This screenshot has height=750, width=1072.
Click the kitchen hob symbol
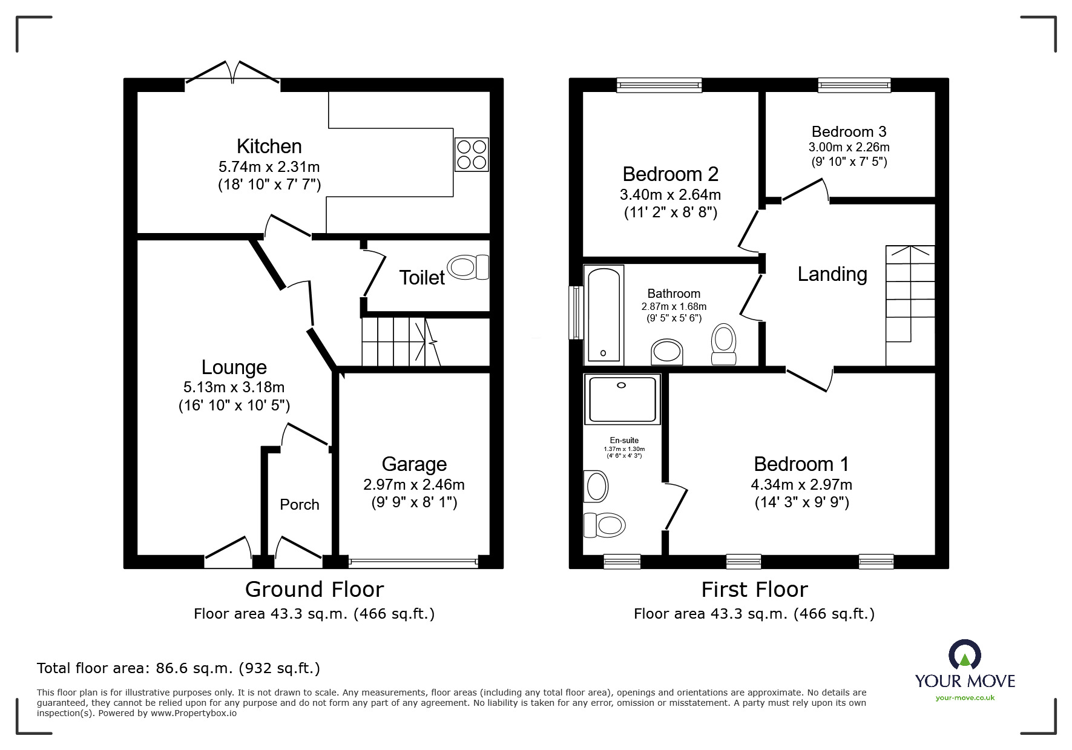472,154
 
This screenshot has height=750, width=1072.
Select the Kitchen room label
269,146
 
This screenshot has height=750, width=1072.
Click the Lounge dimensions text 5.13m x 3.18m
234,387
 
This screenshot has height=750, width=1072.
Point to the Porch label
299,504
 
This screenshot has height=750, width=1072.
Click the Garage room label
414,464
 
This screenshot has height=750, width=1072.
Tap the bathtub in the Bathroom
603,315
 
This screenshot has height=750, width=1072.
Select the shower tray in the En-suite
622,399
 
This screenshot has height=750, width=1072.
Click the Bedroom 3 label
849,131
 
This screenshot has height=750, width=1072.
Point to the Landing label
832,274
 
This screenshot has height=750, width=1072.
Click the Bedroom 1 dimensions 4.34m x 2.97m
801,484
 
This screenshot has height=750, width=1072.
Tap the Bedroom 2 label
670,174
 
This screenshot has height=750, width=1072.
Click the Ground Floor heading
314,589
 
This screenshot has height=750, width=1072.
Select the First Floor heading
754,589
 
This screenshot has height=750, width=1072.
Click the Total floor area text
179,668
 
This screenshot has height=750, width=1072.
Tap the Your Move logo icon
964,655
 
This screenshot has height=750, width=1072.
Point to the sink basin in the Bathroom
666,352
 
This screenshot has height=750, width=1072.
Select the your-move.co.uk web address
965,697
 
